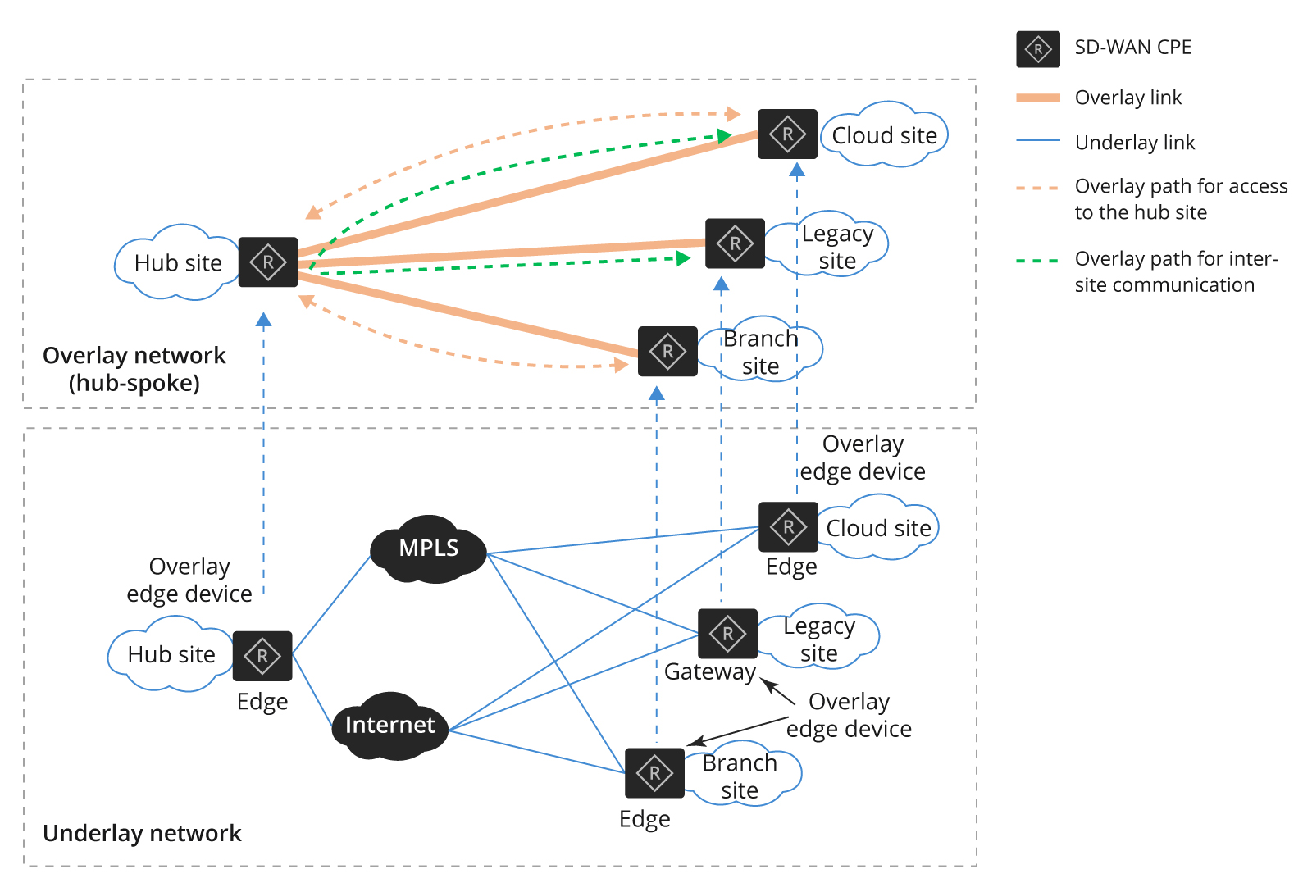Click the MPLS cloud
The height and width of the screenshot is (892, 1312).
[428, 548]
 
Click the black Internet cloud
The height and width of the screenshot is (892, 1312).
[389, 726]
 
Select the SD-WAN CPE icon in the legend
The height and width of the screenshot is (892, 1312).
[1038, 49]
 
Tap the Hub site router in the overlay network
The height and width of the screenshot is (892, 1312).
[268, 262]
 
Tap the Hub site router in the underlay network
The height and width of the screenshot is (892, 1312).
[262, 656]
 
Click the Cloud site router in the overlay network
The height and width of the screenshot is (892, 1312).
[787, 134]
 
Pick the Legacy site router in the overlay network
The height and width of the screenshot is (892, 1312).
[735, 243]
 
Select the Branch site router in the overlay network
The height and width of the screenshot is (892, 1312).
[667, 352]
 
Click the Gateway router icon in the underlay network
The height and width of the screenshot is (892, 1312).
[727, 634]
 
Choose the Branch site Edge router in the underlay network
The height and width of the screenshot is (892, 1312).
[654, 773]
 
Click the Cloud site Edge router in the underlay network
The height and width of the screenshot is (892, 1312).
[788, 527]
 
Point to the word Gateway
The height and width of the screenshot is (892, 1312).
[709, 672]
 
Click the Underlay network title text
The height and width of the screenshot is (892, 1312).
[142, 833]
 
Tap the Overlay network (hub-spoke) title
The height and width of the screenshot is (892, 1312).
[134, 369]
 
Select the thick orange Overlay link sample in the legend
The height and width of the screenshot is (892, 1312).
[1038, 98]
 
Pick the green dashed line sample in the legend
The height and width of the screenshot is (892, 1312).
[1038, 261]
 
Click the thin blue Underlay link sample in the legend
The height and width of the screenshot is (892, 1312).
[1038, 141]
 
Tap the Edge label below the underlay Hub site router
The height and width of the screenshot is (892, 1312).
[262, 702]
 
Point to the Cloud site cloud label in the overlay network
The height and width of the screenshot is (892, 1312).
[884, 135]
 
